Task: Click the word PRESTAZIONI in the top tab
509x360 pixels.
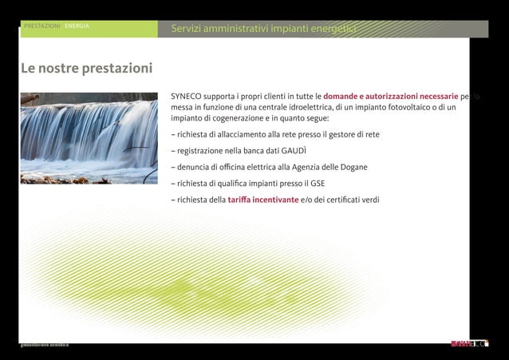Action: (42, 26)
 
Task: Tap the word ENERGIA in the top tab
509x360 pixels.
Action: (77, 26)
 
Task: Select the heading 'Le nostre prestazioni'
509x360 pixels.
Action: (86, 69)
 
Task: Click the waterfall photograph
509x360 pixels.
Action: (88, 138)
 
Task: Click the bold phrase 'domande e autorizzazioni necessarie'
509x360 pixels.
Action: (390, 97)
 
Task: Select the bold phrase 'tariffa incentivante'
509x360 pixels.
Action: (263, 200)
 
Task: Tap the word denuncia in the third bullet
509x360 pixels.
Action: (192, 167)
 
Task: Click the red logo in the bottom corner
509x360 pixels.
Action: (460, 344)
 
